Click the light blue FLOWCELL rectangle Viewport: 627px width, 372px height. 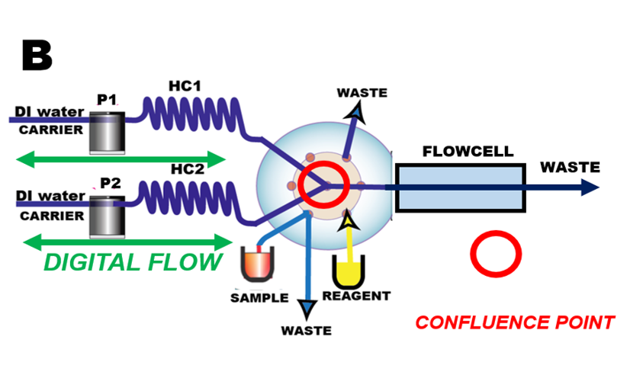459,188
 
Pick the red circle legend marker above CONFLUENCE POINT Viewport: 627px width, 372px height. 495,254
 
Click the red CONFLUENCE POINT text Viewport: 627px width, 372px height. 515,322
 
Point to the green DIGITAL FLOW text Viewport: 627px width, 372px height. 133,262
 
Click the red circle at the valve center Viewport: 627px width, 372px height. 324,184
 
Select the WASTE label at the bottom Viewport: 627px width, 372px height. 306,331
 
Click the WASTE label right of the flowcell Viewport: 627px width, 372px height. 570,167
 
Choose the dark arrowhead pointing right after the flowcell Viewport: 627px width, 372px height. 589,187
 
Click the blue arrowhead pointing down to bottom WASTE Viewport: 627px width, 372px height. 307,309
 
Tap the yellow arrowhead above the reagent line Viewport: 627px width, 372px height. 349,221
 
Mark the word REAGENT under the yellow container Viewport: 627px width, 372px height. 356,296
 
